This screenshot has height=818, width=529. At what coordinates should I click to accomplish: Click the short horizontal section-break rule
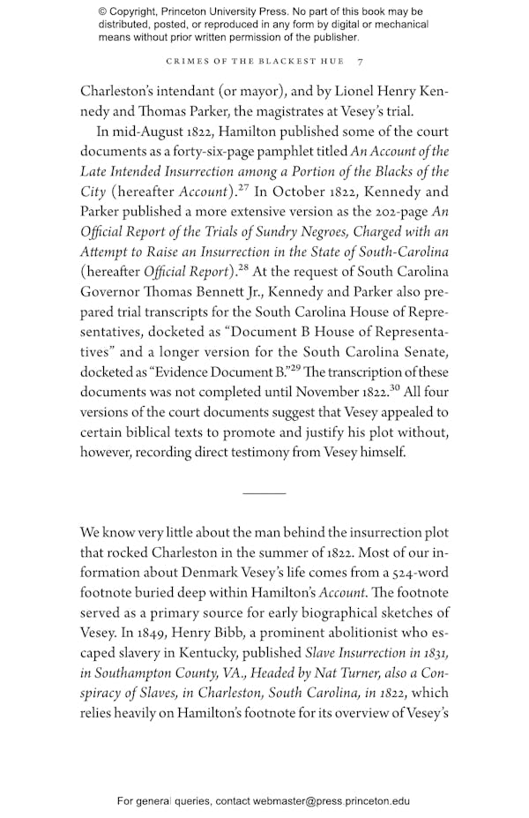pyautogui.click(x=264, y=492)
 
